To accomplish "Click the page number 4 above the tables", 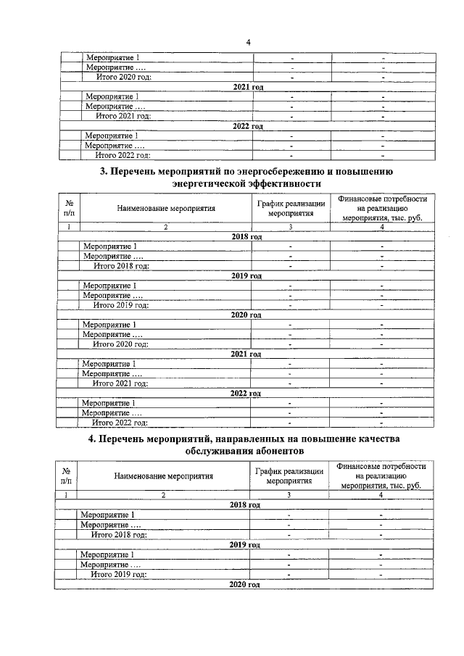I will coord(248,42).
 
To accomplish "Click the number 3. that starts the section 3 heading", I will coord(102,172).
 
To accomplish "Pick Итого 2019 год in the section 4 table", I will coord(119,573).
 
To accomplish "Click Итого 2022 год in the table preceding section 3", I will coord(123,154).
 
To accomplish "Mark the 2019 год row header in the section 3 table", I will coord(246,276).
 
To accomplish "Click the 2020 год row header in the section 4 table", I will coord(244,584).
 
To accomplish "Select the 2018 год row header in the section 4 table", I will coord(244,505).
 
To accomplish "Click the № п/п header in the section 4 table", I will coord(66,476).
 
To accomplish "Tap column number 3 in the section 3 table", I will coord(290,227).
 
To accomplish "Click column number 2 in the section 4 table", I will coord(163,495).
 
